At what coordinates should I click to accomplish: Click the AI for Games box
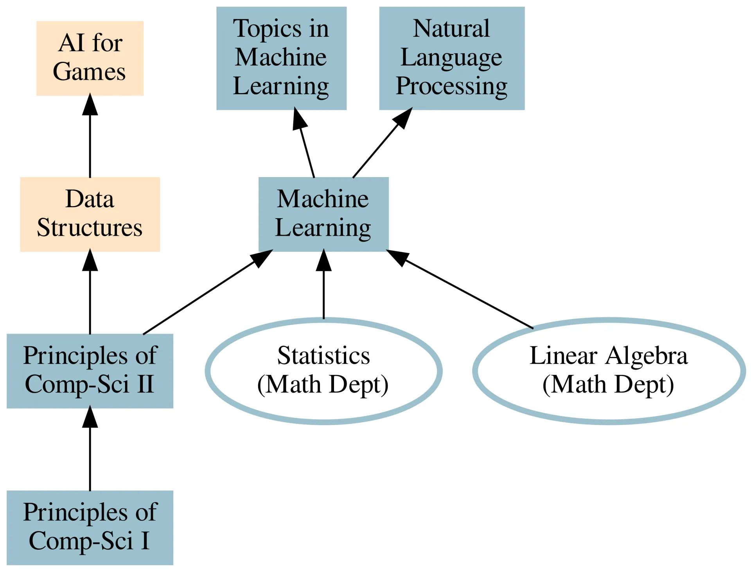tap(90, 58)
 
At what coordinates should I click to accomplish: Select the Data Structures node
tap(90, 214)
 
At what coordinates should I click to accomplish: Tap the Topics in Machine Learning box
tap(281, 58)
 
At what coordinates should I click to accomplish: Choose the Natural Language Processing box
tap(452, 58)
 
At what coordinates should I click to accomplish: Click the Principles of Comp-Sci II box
tap(90, 371)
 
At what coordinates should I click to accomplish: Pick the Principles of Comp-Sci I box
tap(90, 527)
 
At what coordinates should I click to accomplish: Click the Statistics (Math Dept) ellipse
tap(323, 371)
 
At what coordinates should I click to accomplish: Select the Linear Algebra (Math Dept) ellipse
tap(609, 371)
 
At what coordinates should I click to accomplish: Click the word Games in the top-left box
tap(89, 72)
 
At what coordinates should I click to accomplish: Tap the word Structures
tap(90, 228)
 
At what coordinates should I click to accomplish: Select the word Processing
tap(452, 86)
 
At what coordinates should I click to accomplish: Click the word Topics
tap(267, 29)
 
